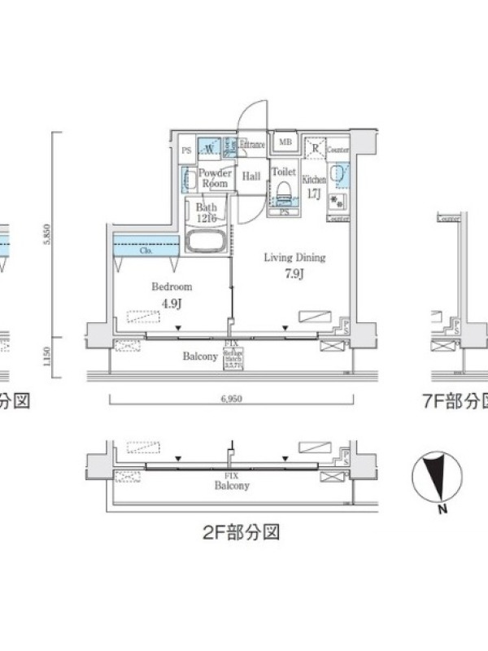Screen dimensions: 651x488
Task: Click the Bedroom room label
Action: click(172, 286)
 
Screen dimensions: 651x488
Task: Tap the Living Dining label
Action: click(294, 258)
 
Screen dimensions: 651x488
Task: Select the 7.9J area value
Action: click(294, 273)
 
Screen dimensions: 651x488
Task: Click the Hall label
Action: click(251, 177)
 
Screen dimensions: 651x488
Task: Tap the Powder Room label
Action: click(216, 177)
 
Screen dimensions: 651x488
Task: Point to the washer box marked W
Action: click(209, 149)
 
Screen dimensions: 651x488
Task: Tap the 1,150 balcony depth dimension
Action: click(49, 356)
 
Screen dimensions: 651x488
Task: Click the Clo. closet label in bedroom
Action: click(146, 251)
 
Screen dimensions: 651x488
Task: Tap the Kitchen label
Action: click(314, 178)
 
